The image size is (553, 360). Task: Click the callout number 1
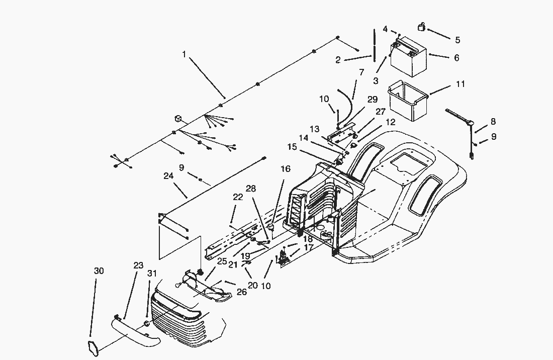click(184, 54)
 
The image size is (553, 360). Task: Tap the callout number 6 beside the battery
click(456, 58)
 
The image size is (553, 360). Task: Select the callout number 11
click(460, 84)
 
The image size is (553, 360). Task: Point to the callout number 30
click(99, 271)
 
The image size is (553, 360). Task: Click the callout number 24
click(168, 176)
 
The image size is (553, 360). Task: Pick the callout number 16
click(286, 169)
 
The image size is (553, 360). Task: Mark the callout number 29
click(372, 100)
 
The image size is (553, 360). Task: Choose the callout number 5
click(457, 40)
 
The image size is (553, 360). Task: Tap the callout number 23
click(138, 265)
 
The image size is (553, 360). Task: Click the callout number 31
click(152, 274)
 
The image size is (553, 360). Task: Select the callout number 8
click(493, 122)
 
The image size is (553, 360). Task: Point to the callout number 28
click(251, 189)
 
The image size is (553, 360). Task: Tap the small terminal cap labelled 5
click(422, 27)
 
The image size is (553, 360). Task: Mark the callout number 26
click(242, 292)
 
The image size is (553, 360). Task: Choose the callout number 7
click(361, 72)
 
